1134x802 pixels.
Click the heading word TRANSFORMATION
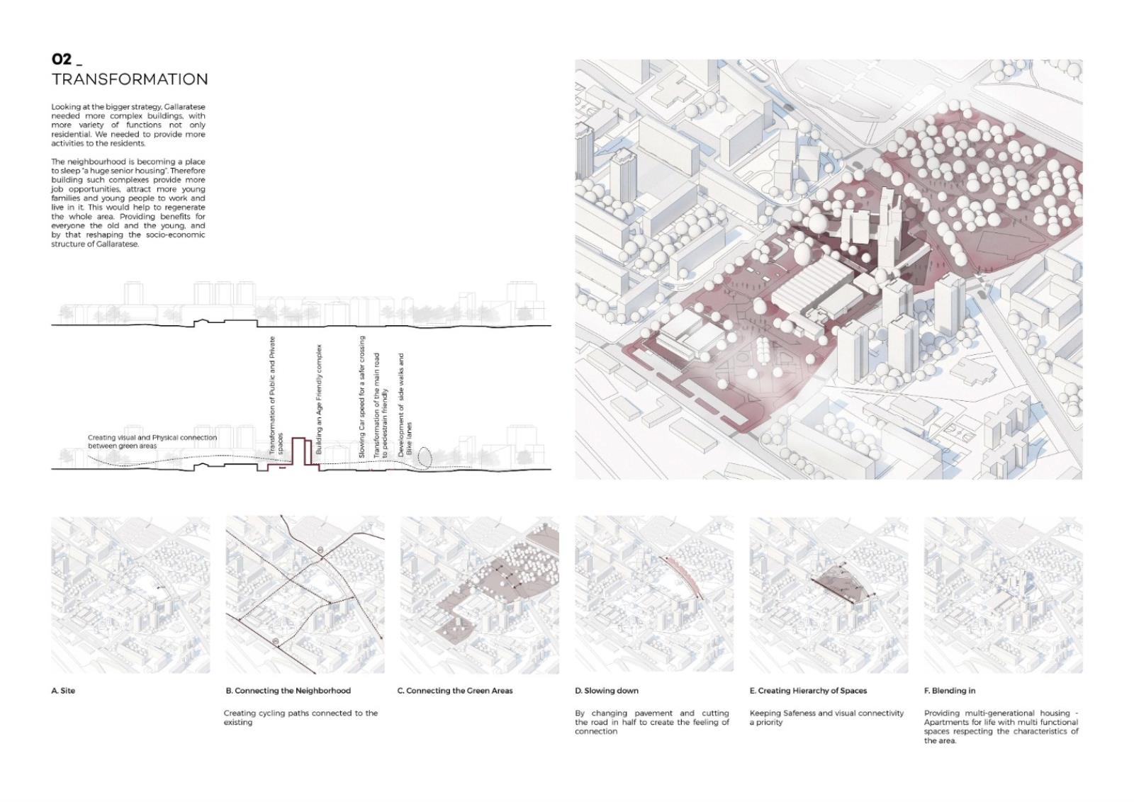[130, 79]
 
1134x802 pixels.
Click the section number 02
[61, 60]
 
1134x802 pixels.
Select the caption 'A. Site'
[63, 691]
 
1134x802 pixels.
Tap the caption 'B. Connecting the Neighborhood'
[288, 691]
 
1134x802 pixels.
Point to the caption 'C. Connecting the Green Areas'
[455, 691]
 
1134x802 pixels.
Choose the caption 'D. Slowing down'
[607, 691]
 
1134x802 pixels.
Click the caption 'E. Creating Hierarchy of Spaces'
[809, 691]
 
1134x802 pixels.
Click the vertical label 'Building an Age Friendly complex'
[319, 400]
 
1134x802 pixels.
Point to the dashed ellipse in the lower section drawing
[425, 457]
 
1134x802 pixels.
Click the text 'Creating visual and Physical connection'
[152, 438]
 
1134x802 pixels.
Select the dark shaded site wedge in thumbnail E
[841, 587]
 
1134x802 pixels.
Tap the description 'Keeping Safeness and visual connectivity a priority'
[826, 718]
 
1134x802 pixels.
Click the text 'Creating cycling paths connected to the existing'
[301, 718]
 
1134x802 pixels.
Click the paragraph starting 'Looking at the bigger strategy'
[128, 125]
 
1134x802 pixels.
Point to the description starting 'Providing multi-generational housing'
[1001, 727]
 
